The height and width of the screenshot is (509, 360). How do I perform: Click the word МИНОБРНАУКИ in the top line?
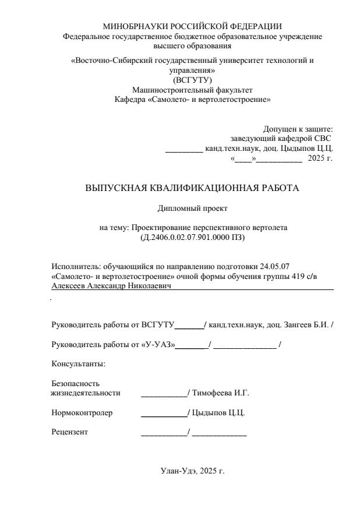pos(132,26)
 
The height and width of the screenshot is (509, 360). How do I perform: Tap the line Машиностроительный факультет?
pos(192,90)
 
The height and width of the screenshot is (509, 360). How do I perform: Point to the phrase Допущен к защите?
pos(298,129)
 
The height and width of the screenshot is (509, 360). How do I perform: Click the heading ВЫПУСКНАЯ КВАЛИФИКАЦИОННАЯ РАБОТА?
pos(192,189)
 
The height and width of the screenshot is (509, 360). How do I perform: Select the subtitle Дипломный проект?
pos(192,208)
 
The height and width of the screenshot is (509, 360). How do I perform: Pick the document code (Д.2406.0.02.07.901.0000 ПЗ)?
pos(192,238)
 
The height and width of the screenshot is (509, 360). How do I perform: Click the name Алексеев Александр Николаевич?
pos(113,287)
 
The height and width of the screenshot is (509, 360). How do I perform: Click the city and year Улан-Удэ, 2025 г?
pos(192,470)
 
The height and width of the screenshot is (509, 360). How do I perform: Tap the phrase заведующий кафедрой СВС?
pos(281,139)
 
